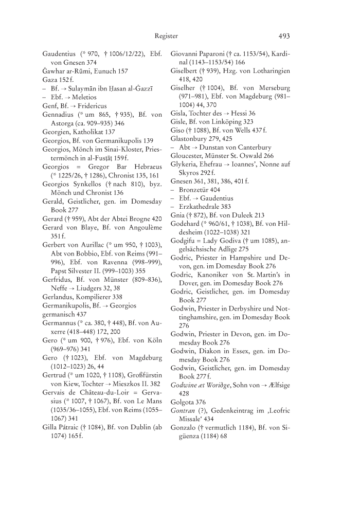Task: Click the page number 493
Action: pyautogui.click(x=284, y=36)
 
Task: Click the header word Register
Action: pyautogui.click(x=166, y=36)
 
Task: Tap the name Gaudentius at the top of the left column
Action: pyautogui.click(x=60, y=53)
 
